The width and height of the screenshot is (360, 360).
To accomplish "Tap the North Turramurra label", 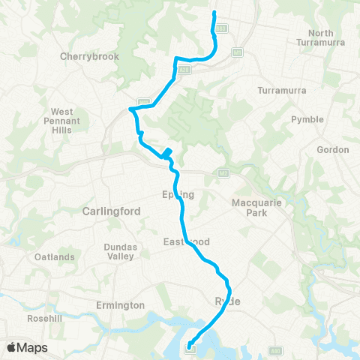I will pos(331,39).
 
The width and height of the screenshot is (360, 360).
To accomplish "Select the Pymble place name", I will pos(307,119).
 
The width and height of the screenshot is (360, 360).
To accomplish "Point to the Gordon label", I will pos(333,150).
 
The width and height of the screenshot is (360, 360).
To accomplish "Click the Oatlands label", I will pos(55,257).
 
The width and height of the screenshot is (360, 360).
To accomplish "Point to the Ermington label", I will pos(120,305).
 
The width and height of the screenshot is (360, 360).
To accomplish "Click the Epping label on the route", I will pos(178,195).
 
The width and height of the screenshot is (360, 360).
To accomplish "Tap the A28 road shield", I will pos(184,70).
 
